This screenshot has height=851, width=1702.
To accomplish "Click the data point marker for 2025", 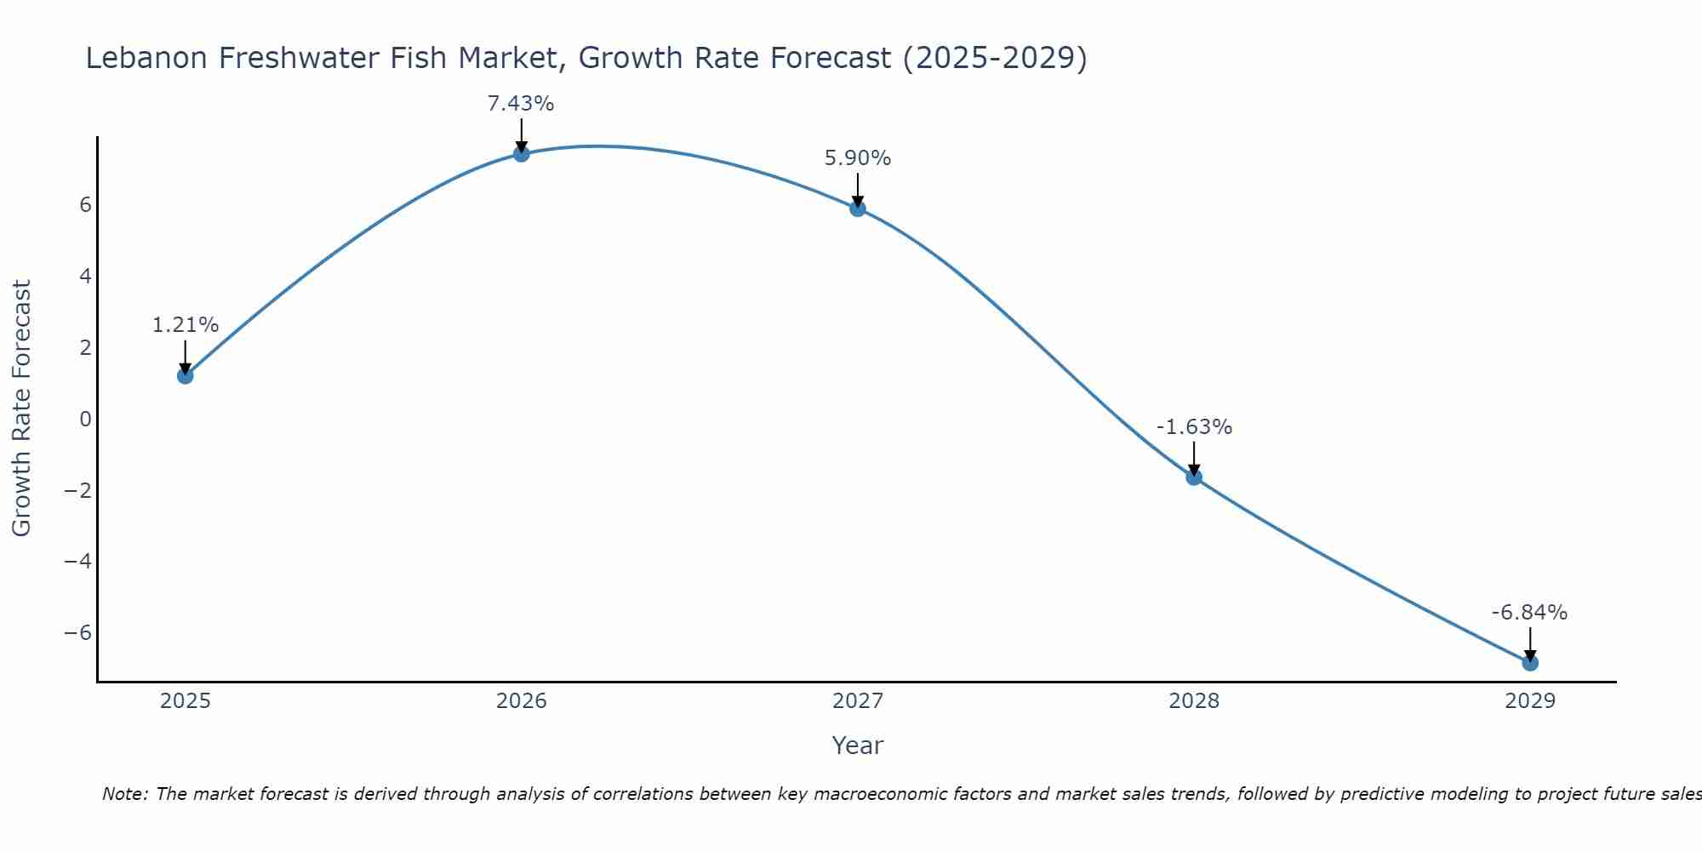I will point(186,375).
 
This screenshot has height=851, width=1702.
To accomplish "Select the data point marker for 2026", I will point(522,153).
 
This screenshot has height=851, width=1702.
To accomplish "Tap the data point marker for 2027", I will point(858,208).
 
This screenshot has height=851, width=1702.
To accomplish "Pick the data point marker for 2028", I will point(1194,477).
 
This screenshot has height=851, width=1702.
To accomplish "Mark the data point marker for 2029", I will point(1530,662).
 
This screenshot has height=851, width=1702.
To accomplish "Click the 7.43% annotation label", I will point(521,104).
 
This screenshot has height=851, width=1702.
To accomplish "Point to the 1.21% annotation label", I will point(186,325).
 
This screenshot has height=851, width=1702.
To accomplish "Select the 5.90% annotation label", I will point(858,158).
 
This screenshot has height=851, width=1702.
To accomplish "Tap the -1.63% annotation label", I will point(1194,427).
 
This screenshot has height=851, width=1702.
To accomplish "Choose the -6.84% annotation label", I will point(1529,613).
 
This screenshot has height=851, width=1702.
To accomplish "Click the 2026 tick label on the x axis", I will point(522,701).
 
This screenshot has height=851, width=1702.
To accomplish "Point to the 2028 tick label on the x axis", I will point(1194,701).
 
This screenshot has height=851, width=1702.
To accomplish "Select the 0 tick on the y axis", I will point(85,419).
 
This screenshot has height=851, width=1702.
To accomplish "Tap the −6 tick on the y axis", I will point(78,632).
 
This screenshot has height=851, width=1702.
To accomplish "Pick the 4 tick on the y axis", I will point(85,276).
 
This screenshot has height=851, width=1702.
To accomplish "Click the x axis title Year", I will point(858,745).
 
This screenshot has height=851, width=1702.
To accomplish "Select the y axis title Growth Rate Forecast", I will point(21,408).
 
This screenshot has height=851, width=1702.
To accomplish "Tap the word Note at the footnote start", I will point(124,794).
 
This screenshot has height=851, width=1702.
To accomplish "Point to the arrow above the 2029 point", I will point(1530,643).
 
